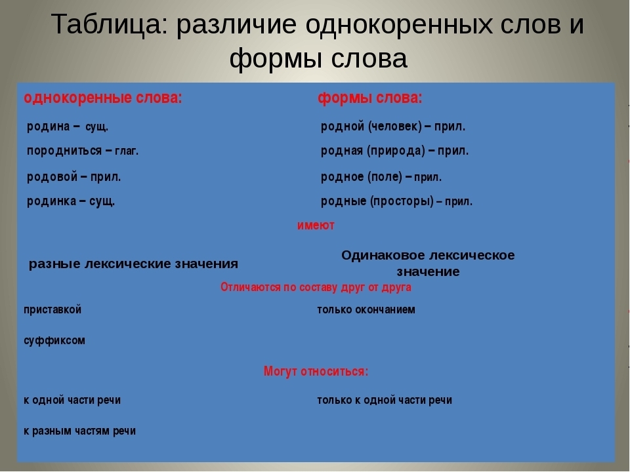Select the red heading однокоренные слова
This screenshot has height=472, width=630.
tap(103, 98)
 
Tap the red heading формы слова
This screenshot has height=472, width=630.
tap(370, 98)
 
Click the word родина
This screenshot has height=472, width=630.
tap(48, 127)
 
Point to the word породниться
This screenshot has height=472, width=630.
tap(64, 151)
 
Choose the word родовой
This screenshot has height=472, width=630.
tap(52, 176)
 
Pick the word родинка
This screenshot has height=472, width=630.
tap(51, 201)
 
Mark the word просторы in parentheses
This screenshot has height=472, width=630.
tap(402, 201)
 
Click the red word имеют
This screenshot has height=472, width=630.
tap(316, 225)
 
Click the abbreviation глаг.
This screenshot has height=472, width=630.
tap(127, 151)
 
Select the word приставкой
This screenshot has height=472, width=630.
tap(52, 310)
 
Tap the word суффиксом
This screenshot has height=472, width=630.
tap(54, 340)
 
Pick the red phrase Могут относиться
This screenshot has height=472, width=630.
tap(316, 371)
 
